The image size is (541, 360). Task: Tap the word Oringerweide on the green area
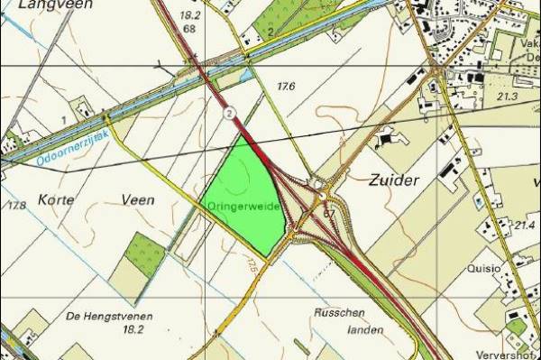tap(241, 206)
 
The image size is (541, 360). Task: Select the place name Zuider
tap(395, 180)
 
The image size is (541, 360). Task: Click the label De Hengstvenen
tap(109, 316)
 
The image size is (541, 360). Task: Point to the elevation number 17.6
tap(286, 87)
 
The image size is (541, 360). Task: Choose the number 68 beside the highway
tap(188, 29)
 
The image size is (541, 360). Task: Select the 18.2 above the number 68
tap(189, 15)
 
